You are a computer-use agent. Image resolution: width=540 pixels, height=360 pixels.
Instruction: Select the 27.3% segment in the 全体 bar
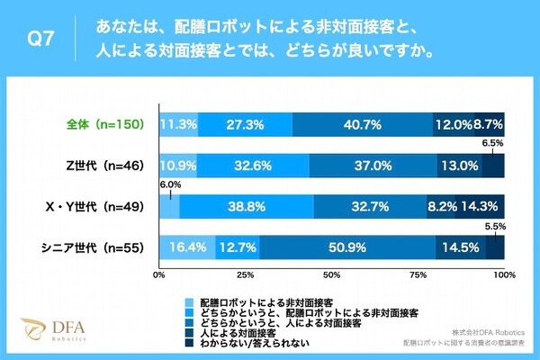(x=246, y=123)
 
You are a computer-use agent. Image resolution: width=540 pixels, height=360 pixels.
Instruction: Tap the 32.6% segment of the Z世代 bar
(x=253, y=165)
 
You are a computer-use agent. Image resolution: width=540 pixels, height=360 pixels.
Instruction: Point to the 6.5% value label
(x=492, y=143)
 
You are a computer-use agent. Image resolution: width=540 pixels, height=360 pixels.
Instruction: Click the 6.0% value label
(x=171, y=184)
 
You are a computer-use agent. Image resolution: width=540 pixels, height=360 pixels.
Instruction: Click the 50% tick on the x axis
(x=332, y=274)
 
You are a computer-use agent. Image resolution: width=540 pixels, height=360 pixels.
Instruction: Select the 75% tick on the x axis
(x=418, y=274)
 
